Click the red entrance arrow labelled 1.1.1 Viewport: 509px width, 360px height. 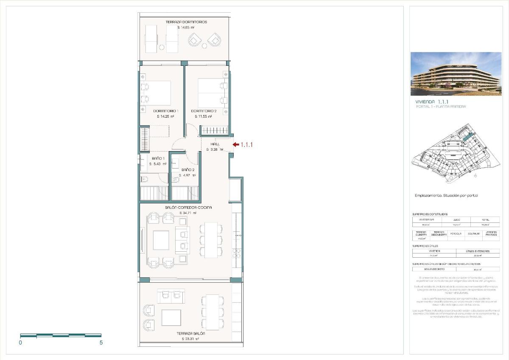click(235, 145)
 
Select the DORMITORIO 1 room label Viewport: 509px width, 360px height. click(165, 111)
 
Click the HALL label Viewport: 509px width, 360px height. click(215, 144)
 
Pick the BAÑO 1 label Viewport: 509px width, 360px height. click(158, 159)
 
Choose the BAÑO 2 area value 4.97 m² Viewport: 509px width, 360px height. click(187, 175)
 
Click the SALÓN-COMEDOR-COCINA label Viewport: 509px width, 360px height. click(188, 207)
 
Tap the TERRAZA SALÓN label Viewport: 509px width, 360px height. click(190, 334)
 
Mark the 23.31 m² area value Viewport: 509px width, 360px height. click(191, 339)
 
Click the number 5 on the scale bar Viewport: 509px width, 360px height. click(101, 343)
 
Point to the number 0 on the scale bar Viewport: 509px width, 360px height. click(20, 343)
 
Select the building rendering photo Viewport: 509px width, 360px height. click(456, 73)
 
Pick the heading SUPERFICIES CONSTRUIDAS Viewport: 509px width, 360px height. click(430, 214)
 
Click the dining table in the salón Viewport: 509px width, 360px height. click(211, 240)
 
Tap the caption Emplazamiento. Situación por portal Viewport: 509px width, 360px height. click(446, 195)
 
